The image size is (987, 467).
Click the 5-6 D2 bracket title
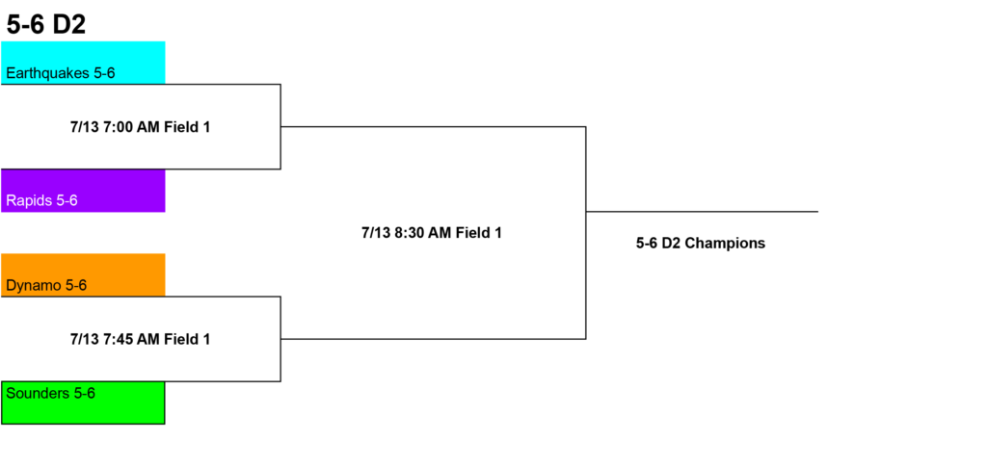pos(46,25)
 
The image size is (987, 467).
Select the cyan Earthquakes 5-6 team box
pos(83,63)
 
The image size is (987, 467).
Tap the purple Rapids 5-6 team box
pos(83,191)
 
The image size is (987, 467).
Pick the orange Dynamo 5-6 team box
pos(83,274)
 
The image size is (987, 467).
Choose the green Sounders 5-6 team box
pos(83,402)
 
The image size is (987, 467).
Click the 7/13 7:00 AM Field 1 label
pos(140,127)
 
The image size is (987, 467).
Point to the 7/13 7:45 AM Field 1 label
pos(140,339)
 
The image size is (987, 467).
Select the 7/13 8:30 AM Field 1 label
pos(432,233)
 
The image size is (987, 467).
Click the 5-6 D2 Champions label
pos(701,244)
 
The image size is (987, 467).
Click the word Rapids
pos(29,201)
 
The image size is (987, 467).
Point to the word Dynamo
pos(34,286)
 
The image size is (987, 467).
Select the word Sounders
pos(38,394)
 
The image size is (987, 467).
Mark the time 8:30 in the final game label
pos(409,233)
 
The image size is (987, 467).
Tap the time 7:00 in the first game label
pos(118,127)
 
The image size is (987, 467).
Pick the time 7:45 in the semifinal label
pos(118,339)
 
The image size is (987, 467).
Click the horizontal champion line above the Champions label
pos(702,211)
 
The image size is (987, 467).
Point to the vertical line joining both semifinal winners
pos(586,233)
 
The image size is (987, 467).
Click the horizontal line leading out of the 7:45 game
pos(433,339)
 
